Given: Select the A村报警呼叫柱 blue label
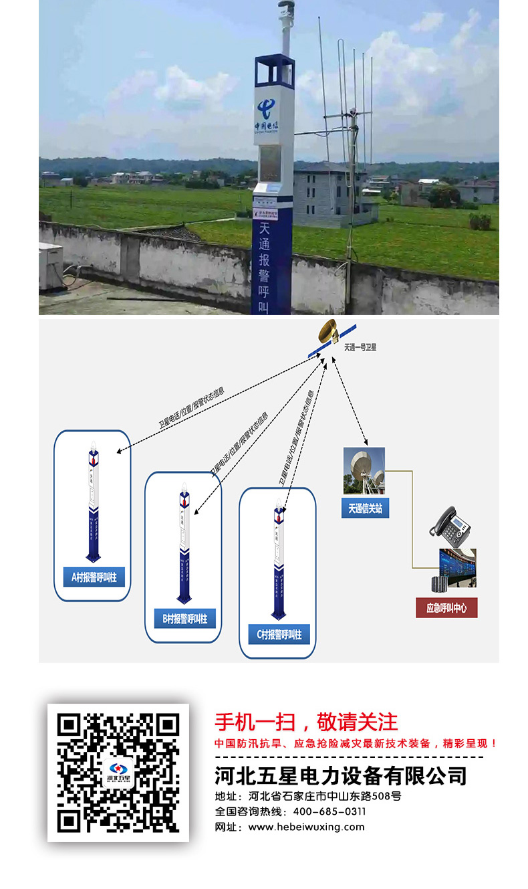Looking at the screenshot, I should [x=94, y=577].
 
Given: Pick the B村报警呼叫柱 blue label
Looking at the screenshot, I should [x=184, y=619].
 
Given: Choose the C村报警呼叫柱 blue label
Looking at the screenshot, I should [x=279, y=634].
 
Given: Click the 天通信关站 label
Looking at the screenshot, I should [x=365, y=508].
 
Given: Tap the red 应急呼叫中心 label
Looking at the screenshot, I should [x=446, y=608].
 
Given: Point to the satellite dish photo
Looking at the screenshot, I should [x=364, y=471].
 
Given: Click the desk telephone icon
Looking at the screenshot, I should [x=451, y=525].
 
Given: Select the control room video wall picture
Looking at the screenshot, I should [x=457, y=568].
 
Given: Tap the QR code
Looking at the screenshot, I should [x=118, y=773].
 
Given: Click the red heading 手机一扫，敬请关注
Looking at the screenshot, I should [x=306, y=722].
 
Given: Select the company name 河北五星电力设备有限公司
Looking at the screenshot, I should [x=340, y=776].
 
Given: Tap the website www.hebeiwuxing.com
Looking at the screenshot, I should [x=306, y=827].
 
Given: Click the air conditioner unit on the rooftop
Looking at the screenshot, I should [x=49, y=267].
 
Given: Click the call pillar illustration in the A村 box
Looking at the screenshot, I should [x=93, y=502].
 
